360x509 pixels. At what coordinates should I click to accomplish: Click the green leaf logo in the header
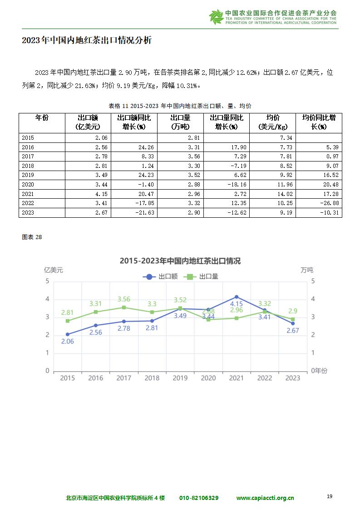pos(216,17)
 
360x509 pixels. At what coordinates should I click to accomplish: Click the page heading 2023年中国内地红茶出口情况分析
pos(87,40)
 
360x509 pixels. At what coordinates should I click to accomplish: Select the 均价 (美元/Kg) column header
pos(272,122)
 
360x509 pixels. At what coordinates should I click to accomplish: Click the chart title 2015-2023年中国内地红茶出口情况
pos(180,261)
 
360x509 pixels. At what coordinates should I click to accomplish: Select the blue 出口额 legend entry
pos(160,277)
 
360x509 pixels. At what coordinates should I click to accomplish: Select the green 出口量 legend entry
pos(201,277)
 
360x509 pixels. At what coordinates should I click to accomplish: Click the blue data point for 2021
pos(237,297)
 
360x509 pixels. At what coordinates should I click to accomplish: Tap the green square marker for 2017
pos(124,308)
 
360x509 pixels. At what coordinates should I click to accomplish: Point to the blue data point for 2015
pos(68,334)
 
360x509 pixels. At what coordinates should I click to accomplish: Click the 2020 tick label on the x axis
pos(208,378)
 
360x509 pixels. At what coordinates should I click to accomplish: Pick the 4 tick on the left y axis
pos(47,299)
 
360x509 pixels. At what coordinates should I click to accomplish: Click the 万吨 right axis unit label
pos(307,270)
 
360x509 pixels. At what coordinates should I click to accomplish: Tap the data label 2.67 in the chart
pos(293,330)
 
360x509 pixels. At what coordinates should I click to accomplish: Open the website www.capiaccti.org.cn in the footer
pos(265,498)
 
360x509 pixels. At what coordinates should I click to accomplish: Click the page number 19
pos(330,496)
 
